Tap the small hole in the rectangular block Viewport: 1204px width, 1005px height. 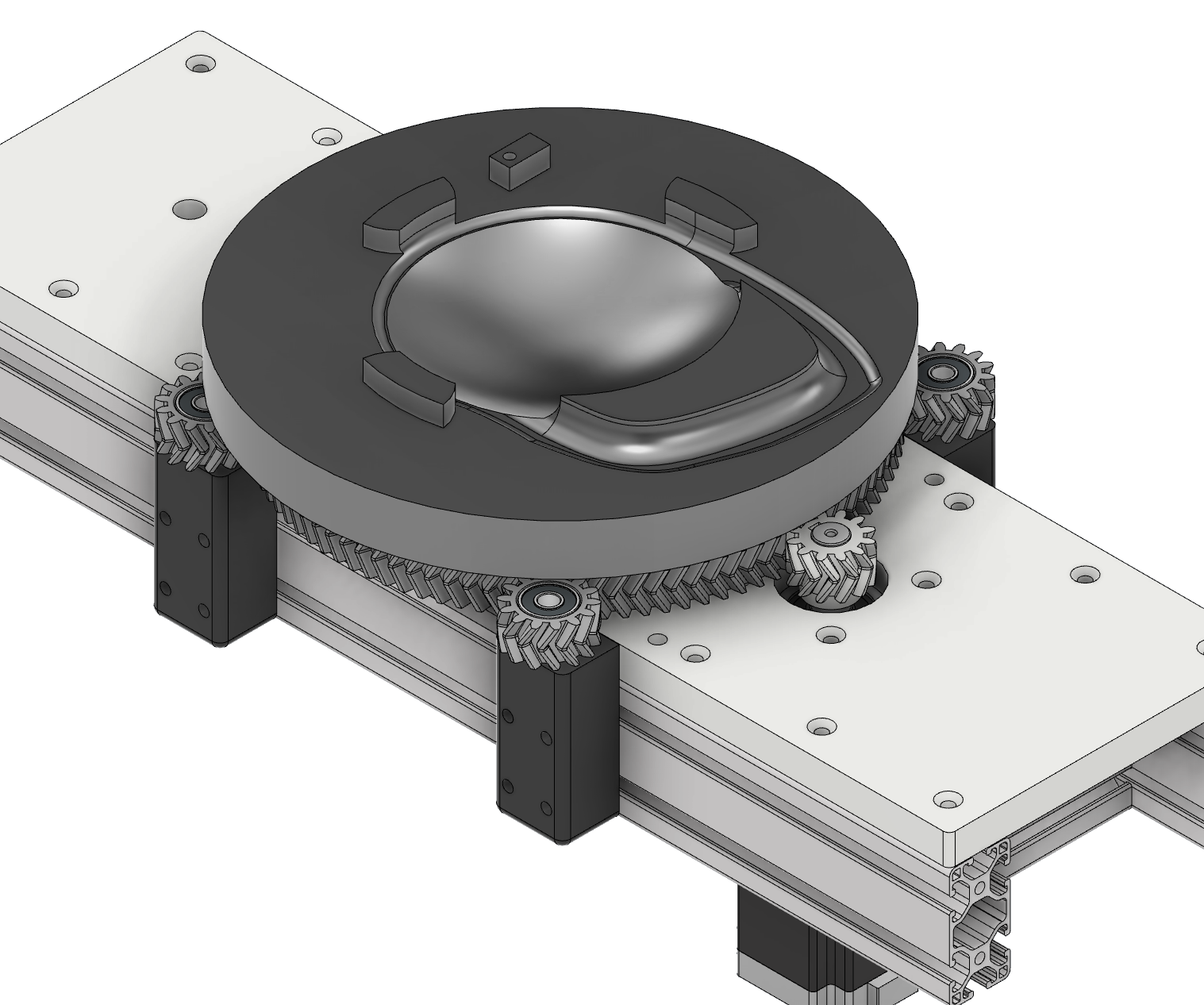pos(510,156)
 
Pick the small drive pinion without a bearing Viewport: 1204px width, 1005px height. pos(831,556)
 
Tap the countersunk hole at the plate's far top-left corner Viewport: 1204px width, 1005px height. pos(202,64)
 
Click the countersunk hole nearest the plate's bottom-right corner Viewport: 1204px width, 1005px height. pos(948,799)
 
